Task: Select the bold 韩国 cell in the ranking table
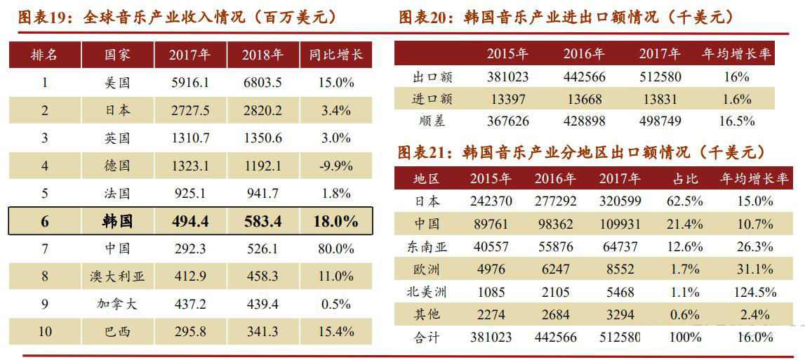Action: (117, 222)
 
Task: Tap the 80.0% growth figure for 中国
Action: (335, 249)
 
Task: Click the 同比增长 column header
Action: (335, 55)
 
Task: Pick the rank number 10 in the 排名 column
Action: (45, 331)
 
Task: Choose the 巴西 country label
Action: (117, 331)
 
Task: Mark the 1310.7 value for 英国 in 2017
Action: (189, 138)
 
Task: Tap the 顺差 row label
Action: (429, 121)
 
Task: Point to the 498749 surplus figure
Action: (660, 121)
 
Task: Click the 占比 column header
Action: (684, 179)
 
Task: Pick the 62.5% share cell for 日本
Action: (684, 201)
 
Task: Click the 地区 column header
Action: (427, 179)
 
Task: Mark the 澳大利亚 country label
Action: (117, 276)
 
